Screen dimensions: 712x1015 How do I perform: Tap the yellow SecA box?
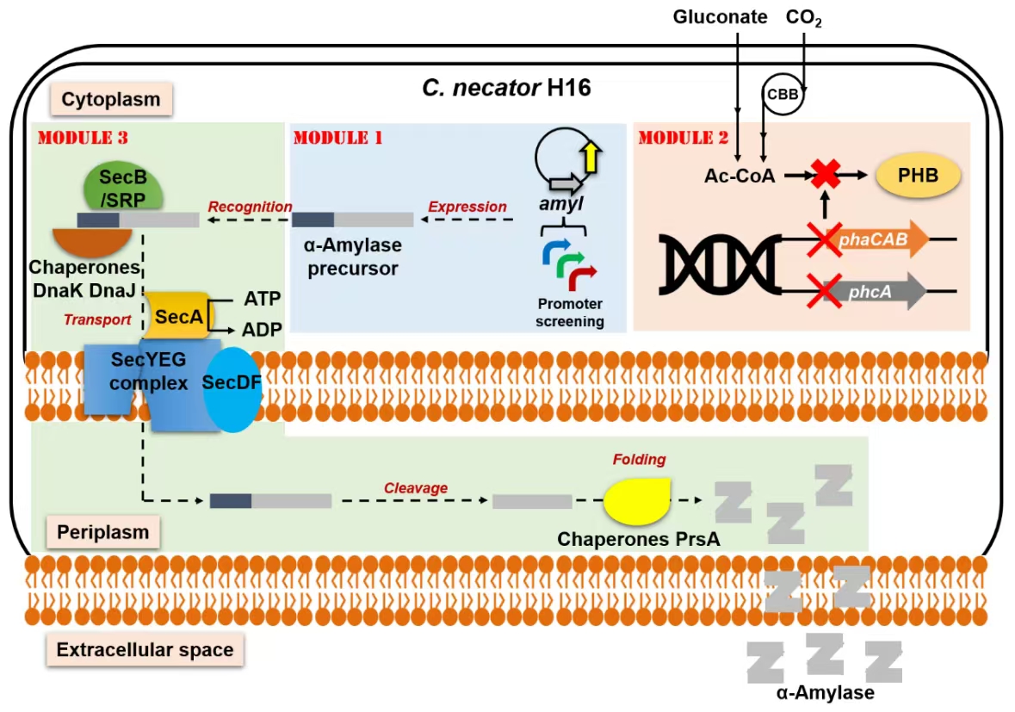(177, 316)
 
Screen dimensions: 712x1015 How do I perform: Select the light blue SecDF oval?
(231, 387)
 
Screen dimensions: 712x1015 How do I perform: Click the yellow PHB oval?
(919, 178)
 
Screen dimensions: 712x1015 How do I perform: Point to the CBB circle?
(783, 95)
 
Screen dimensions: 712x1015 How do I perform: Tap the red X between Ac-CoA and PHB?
(826, 176)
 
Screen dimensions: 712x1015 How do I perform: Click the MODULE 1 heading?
(337, 138)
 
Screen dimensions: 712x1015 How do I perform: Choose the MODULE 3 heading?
(83, 138)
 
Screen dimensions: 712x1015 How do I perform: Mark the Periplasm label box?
(103, 532)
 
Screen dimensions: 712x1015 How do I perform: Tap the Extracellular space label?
(145, 649)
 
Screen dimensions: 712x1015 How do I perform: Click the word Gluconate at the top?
(721, 17)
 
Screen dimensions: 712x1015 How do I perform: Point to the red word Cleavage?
(416, 488)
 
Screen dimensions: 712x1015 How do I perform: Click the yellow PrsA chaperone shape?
(636, 501)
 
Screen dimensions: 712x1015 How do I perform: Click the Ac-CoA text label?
(740, 176)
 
